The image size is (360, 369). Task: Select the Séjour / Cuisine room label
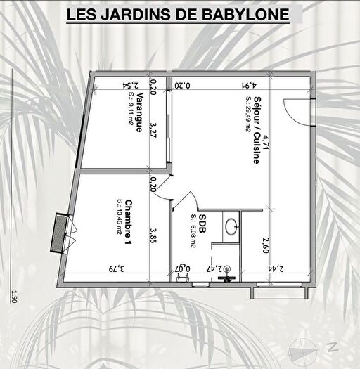257,129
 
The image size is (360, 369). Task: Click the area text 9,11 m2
130,113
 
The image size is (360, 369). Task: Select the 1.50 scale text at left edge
12,297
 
